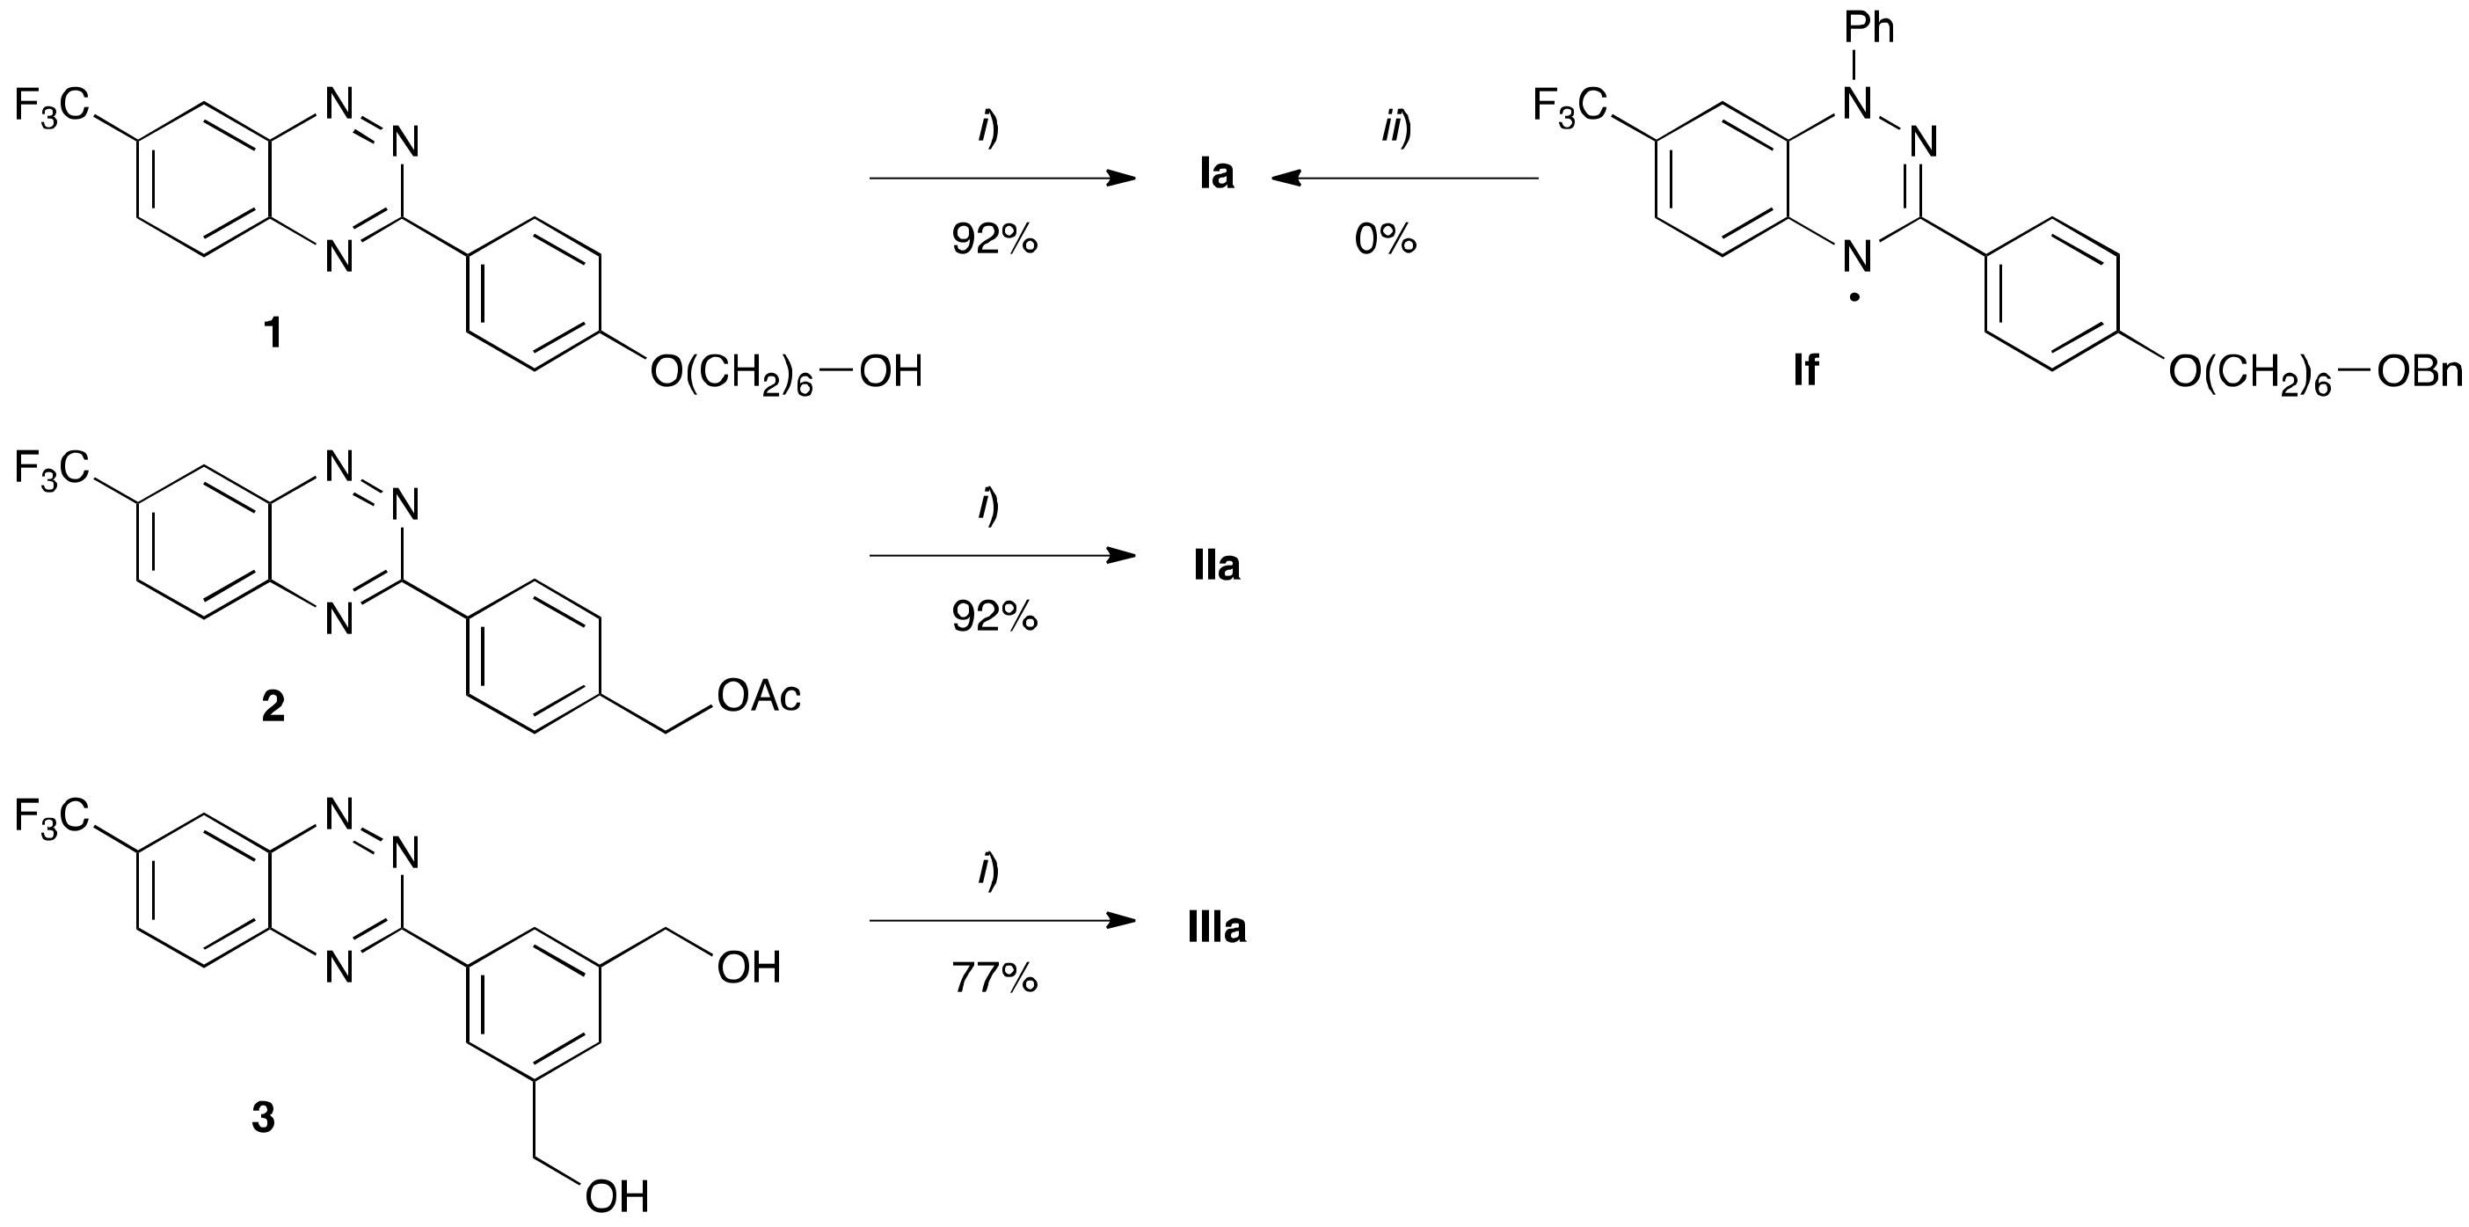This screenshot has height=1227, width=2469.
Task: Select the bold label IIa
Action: pos(1216,566)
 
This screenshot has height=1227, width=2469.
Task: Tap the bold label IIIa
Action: pos(1216,928)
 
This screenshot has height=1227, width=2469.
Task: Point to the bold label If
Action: pos(1806,370)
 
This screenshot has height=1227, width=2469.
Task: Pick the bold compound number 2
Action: pos(273,706)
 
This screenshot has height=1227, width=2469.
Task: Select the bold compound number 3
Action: pos(264,1117)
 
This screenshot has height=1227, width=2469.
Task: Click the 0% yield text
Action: pos(1385,238)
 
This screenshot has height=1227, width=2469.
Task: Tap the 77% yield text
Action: pos(994,979)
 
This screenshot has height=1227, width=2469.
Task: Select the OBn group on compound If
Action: pos(2419,372)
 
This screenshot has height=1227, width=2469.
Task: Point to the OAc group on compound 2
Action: pos(759,697)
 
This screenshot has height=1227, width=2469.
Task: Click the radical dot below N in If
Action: pos(1855,298)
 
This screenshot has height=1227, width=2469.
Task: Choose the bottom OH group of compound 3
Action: pos(617,1197)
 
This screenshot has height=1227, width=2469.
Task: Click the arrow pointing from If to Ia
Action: pos(1404,179)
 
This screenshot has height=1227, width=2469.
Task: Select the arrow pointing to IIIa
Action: pos(1001,921)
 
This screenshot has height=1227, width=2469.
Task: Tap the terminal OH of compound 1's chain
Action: pos(891,372)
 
